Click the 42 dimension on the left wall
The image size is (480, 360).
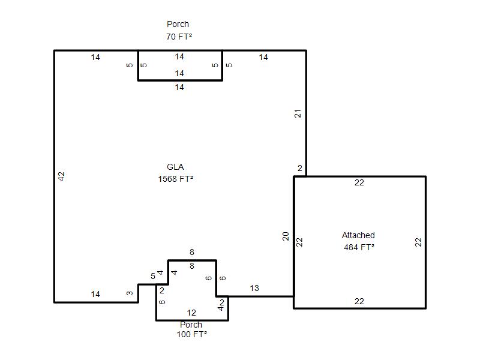[62, 176]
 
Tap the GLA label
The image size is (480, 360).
[175, 167]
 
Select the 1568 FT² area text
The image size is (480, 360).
[175, 179]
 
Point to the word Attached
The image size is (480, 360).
[358, 235]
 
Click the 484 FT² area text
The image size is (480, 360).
[359, 247]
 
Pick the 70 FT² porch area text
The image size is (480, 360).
[179, 37]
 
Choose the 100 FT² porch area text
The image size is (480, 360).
[191, 334]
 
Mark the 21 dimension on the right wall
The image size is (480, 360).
[298, 113]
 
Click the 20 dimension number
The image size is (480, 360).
[286, 236]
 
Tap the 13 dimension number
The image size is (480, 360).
[254, 288]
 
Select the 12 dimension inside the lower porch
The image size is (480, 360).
[191, 313]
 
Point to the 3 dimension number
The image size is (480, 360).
[130, 293]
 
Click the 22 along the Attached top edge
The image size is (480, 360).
[359, 182]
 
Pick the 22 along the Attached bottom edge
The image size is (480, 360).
[359, 301]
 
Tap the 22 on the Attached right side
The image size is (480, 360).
[418, 242]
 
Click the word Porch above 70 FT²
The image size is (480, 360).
[178, 24]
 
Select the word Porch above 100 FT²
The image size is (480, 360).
[191, 325]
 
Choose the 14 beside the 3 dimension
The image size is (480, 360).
[95, 294]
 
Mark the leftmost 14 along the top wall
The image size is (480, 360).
[95, 57]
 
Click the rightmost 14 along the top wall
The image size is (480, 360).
[263, 57]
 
